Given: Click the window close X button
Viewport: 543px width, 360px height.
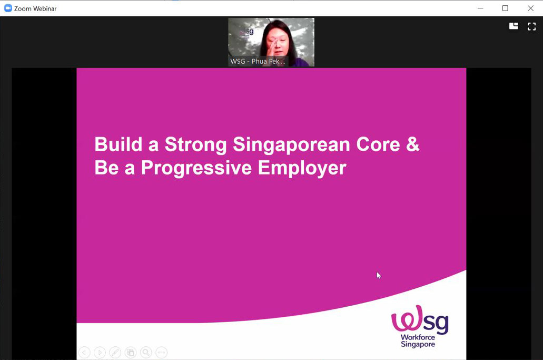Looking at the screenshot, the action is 530,8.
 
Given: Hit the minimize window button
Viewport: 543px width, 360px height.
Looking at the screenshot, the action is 480,8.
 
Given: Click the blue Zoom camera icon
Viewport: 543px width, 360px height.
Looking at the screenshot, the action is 7,8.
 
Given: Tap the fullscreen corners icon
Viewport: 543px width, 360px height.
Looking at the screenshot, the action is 531,26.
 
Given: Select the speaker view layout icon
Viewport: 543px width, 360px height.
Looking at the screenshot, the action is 514,26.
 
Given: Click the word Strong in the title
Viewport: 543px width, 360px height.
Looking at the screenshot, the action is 196,145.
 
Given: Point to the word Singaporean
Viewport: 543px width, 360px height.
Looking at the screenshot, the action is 291,145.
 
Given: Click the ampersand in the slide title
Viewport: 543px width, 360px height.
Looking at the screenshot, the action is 413,144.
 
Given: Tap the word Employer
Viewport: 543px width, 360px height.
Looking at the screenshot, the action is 302,168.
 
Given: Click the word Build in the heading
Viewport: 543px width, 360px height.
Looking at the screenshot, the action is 119,144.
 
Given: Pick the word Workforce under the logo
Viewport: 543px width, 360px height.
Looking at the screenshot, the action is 418,337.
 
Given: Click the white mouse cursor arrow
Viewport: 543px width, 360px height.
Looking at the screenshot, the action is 379,276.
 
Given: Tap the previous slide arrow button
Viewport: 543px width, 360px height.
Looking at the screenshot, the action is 84,353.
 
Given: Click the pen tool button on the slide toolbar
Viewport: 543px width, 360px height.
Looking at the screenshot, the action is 115,353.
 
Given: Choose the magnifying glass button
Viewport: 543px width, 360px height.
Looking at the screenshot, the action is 146,353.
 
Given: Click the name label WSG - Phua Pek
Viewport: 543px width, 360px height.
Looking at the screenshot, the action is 258,61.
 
